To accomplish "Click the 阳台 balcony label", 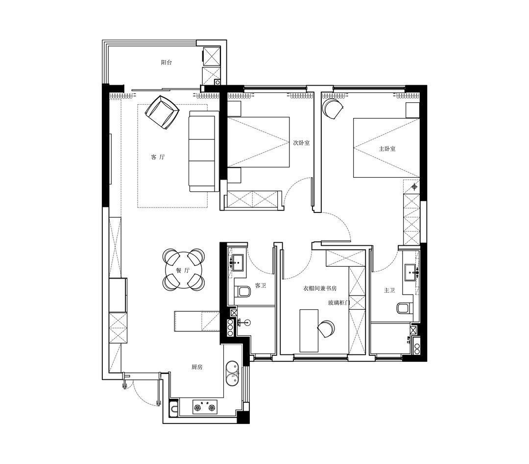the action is click(x=167, y=62).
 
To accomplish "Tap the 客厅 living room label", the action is click(x=158, y=157).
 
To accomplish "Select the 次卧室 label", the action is click(x=301, y=142).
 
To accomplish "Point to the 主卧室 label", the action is click(x=387, y=149).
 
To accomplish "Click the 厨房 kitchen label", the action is click(x=197, y=367).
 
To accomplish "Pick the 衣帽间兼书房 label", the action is click(x=319, y=289).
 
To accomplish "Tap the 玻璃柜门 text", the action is click(x=339, y=303).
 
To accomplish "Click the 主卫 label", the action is click(x=389, y=290).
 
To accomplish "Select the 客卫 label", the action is click(x=261, y=286).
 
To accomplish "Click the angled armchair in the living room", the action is click(x=162, y=112).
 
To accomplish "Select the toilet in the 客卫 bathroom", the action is click(x=243, y=292).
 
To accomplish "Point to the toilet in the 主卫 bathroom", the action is click(x=404, y=308).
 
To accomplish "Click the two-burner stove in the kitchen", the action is click(x=205, y=407).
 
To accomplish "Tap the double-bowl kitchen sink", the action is click(x=233, y=373).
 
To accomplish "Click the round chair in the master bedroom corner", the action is click(x=333, y=108).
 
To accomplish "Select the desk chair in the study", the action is click(x=326, y=328).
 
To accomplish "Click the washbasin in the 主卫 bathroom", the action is click(x=411, y=272).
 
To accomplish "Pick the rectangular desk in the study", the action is click(x=309, y=330).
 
